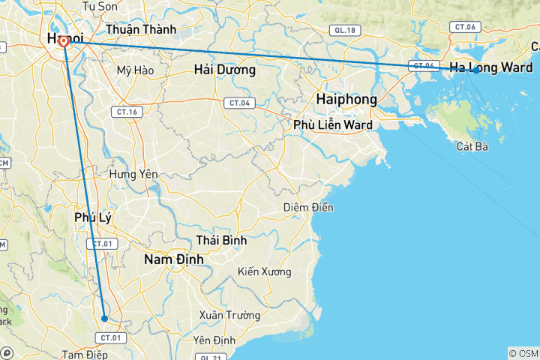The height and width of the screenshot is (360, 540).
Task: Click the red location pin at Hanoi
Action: pyautogui.click(x=64, y=42)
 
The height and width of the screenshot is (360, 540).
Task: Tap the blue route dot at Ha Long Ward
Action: pyautogui.click(x=475, y=70)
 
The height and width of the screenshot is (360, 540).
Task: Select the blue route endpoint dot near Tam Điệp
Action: pyautogui.click(x=105, y=319)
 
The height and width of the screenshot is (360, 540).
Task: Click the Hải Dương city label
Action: pyautogui.click(x=224, y=70)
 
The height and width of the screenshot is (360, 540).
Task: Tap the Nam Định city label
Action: pyautogui.click(x=172, y=259)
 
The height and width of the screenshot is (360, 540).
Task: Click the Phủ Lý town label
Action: pyautogui.click(x=93, y=217)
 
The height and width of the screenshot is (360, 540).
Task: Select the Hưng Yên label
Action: pyautogui.click(x=133, y=174)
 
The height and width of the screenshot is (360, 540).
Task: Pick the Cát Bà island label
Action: pyautogui.click(x=472, y=146)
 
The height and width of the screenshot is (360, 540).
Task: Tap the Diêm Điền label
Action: pyautogui.click(x=308, y=207)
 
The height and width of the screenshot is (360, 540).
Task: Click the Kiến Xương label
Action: pyautogui.click(x=264, y=271)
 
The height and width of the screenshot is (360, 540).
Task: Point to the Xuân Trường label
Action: pyautogui.click(x=229, y=316)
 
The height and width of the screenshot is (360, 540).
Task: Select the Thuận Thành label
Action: pyautogui.click(x=141, y=29)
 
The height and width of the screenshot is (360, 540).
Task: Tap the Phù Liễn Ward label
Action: pyautogui.click(x=333, y=124)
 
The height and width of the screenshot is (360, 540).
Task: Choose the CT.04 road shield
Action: pyautogui.click(x=239, y=103)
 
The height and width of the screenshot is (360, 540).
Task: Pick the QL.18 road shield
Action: pyautogui.click(x=345, y=31)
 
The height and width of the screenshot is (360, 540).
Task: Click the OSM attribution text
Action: pyautogui.click(x=523, y=353)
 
